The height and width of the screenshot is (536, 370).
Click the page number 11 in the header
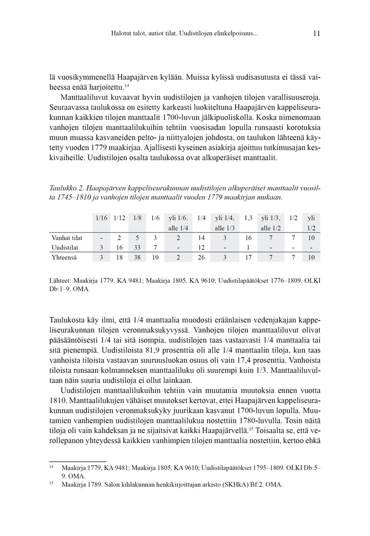[x=316, y=33]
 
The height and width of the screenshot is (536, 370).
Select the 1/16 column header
[x=101, y=218]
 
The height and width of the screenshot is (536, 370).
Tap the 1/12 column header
[x=119, y=218]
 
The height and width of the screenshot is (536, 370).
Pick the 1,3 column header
[x=248, y=218]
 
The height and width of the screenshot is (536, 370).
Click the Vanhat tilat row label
[x=67, y=237]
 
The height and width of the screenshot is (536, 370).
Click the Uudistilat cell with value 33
[x=137, y=247]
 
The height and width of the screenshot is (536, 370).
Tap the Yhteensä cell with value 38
[x=137, y=257]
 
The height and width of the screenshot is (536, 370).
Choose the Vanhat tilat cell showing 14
[x=201, y=237]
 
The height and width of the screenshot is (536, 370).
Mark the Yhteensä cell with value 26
[x=201, y=257]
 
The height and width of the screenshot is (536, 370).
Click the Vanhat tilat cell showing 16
[x=248, y=237]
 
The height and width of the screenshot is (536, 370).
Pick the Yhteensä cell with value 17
[x=248, y=257]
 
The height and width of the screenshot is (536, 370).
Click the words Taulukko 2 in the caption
[x=65, y=187]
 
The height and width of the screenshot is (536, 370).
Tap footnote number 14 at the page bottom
[x=52, y=467]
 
